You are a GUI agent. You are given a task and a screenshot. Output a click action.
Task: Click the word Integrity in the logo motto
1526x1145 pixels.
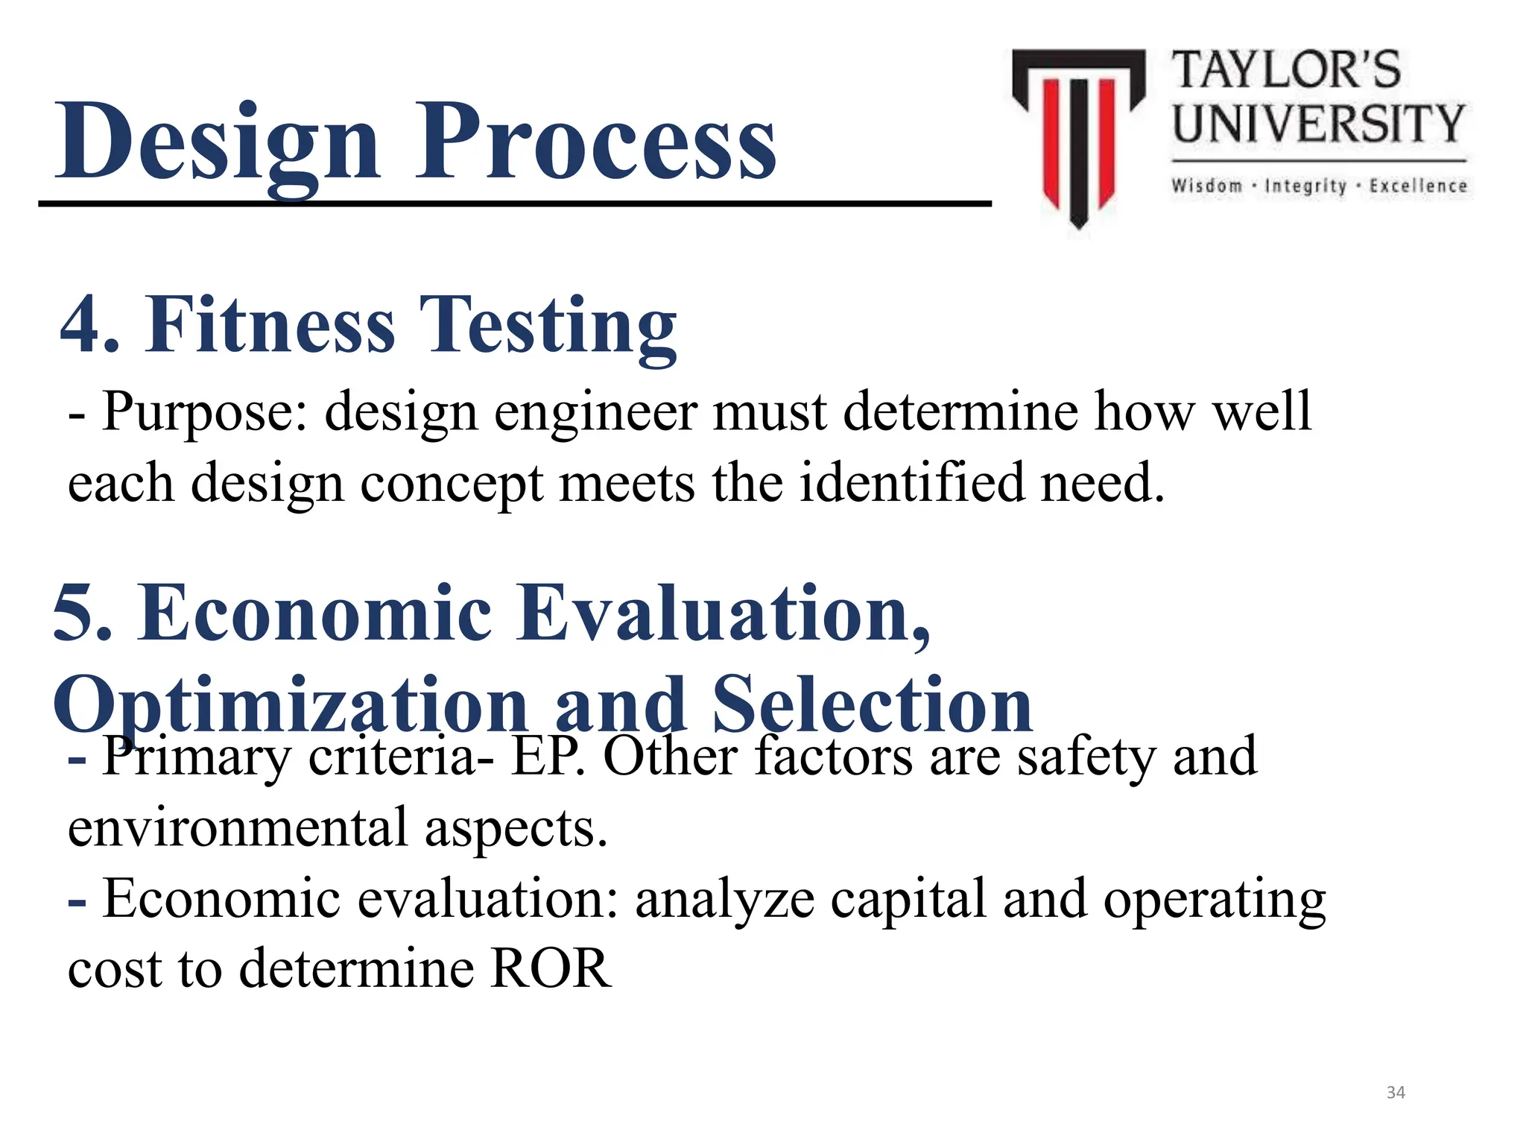coord(1305,186)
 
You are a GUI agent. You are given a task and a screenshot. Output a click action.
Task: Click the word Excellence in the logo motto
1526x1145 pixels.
coord(1418,186)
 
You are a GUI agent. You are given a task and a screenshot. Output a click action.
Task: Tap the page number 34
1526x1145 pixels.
coord(1396,1093)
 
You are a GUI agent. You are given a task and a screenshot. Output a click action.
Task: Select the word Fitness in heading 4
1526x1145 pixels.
coord(270,325)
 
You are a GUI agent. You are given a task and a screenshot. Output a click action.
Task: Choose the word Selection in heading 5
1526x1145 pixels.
coord(872,704)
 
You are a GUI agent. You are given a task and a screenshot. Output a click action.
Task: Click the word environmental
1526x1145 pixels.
coord(238,827)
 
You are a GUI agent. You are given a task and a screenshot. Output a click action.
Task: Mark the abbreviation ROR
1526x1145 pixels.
coord(551,968)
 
